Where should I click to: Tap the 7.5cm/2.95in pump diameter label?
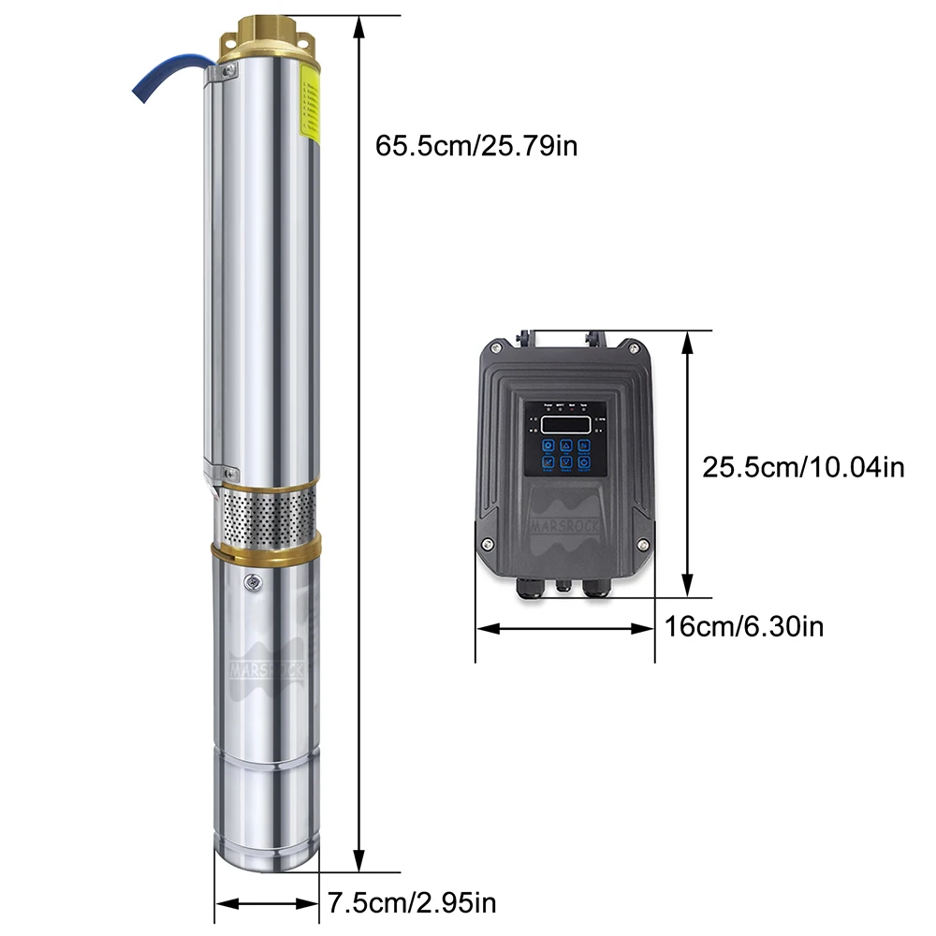pos(411,902)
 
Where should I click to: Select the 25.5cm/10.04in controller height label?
pos(804,466)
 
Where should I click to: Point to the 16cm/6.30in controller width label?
pos(744,626)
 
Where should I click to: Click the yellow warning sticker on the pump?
pos(308,108)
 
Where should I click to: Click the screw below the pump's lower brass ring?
pos(252,584)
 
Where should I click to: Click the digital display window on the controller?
pos(565,424)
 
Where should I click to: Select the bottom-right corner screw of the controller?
pos(643,546)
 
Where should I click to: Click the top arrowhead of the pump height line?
pos(358,22)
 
